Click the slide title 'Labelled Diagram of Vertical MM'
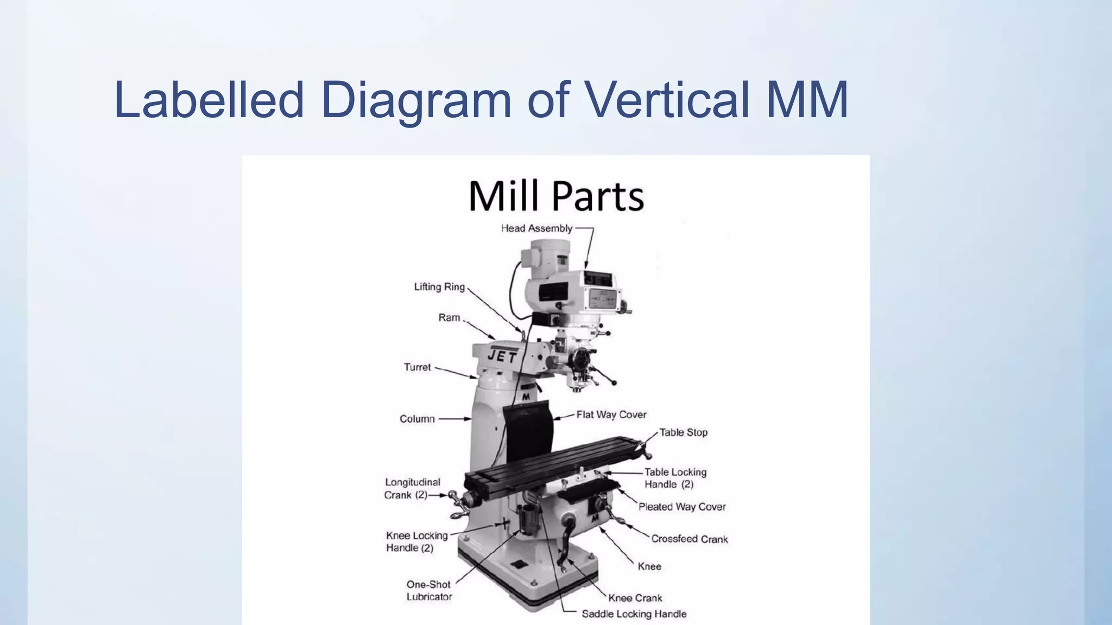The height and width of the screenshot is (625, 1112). point(481,100)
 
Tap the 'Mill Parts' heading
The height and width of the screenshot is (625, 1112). point(556,196)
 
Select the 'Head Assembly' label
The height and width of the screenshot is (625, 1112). point(536,228)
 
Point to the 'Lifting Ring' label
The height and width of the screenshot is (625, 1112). point(439,286)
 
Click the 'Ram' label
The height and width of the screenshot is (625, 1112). point(449,317)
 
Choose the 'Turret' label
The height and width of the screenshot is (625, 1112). point(417,367)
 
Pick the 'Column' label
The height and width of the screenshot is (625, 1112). point(417,419)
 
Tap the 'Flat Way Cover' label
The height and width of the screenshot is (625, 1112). point(611,415)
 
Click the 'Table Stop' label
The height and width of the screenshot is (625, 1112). point(683,432)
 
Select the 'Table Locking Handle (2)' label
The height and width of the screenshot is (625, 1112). point(675,478)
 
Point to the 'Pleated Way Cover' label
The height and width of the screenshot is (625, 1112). point(682,507)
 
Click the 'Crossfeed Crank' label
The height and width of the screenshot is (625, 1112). point(690,539)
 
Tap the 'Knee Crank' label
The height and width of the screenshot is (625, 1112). point(635,598)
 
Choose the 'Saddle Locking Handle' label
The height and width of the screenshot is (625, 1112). point(634,614)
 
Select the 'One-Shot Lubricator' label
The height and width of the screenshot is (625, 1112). point(429,590)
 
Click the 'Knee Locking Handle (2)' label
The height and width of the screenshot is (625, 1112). point(416,541)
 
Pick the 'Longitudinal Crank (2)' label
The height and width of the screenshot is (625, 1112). point(412,488)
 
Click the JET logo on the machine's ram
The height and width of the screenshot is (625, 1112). point(502,356)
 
